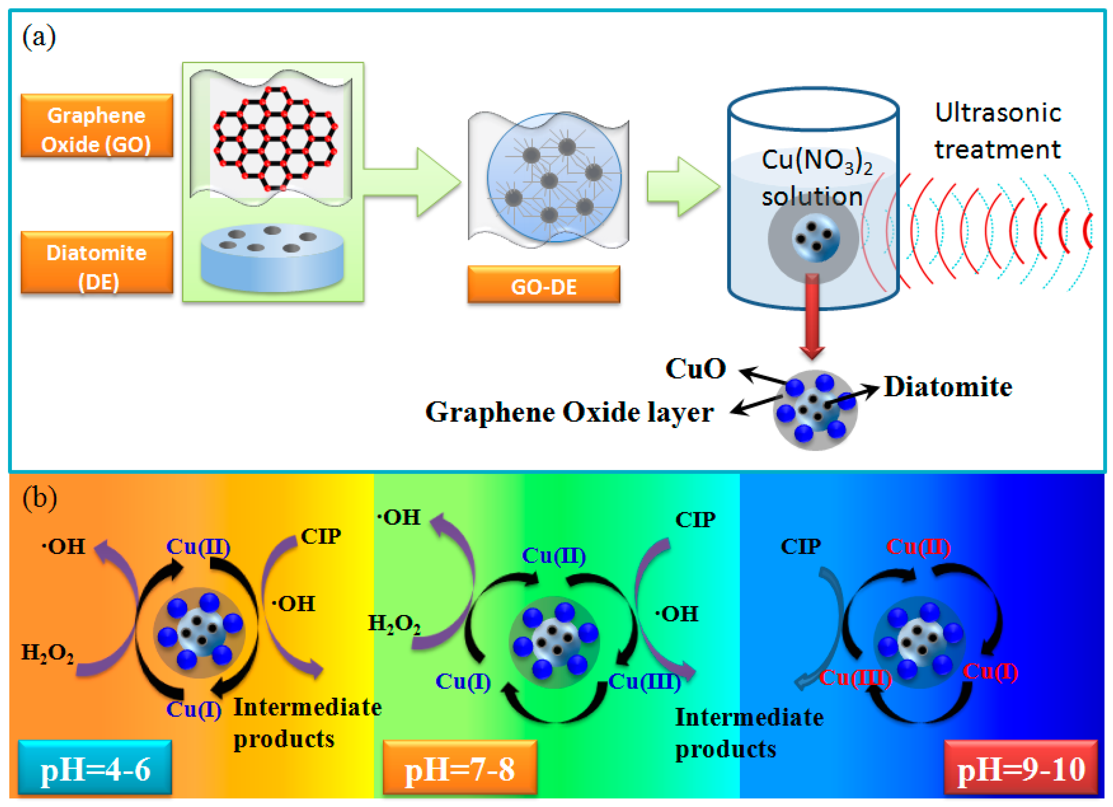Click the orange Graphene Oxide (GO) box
click(97, 126)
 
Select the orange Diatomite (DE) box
click(97, 262)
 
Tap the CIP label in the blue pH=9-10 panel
click(801, 546)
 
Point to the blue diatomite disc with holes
click(272, 258)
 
